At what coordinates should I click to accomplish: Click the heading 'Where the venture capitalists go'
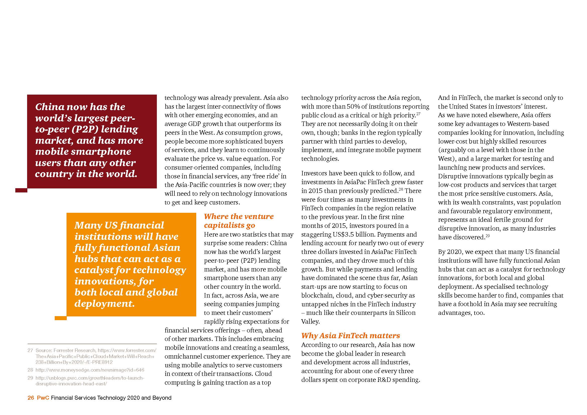click(238, 221)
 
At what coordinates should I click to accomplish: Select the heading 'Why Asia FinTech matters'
click(350, 335)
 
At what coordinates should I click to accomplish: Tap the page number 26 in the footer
click(31, 398)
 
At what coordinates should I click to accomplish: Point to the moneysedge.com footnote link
click(90, 370)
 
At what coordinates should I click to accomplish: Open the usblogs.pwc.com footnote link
click(90, 381)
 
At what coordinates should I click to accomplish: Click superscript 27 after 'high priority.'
click(418, 114)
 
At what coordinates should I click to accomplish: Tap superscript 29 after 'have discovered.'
click(488, 236)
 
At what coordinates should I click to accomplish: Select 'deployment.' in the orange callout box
click(104, 303)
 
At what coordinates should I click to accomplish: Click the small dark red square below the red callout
click(21, 190)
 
